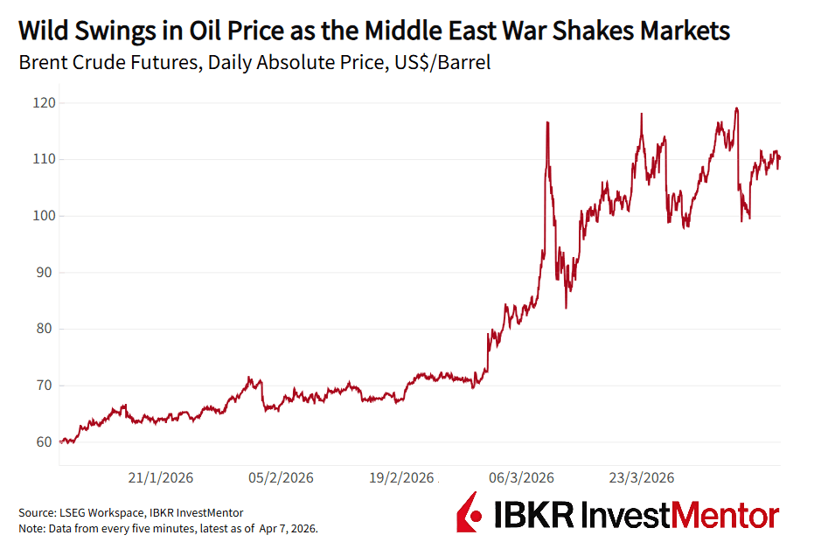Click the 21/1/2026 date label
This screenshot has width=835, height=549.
(161, 478)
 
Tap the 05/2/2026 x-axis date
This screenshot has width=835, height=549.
(281, 478)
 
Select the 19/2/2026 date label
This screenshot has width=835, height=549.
(401, 478)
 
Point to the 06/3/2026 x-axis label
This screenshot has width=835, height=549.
(521, 478)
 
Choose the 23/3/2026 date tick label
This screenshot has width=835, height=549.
(642, 478)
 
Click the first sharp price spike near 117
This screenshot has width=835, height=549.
(547, 123)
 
